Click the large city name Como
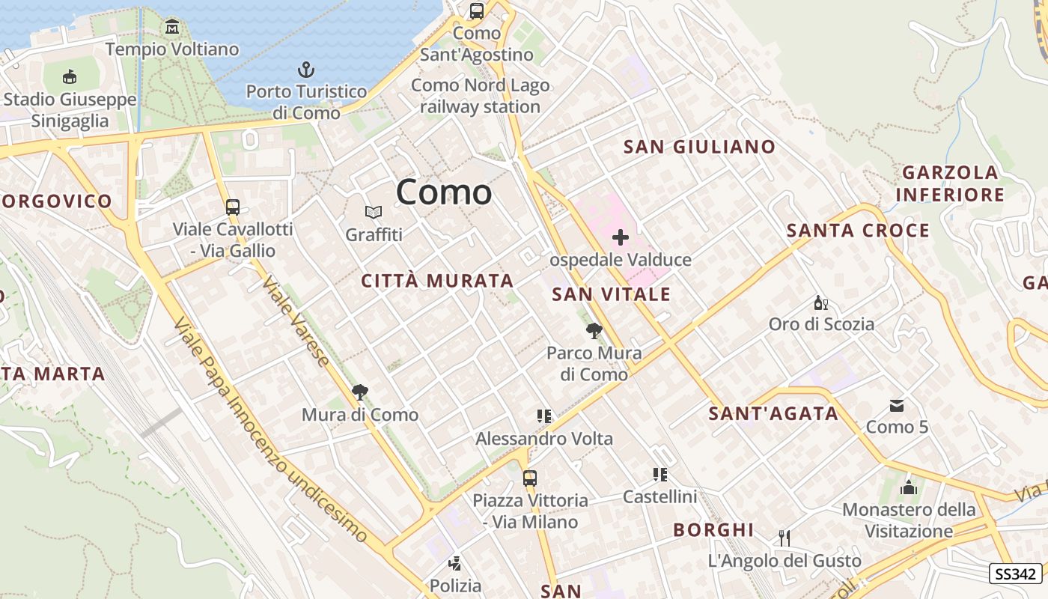click(444, 192)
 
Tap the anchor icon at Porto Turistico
click(305, 70)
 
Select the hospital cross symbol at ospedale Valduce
click(620, 238)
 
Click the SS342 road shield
click(1016, 574)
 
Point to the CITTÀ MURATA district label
click(437, 281)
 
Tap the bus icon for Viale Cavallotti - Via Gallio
click(232, 207)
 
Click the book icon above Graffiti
click(374, 213)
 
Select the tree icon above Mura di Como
click(360, 392)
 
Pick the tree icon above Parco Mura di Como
click(594, 330)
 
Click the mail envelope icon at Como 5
click(896, 406)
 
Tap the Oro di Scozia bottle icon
click(821, 302)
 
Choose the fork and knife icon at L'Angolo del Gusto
click(784, 538)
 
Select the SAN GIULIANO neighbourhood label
click(699, 147)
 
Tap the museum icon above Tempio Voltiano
click(172, 28)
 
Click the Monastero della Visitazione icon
click(909, 487)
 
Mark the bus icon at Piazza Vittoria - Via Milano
click(530, 478)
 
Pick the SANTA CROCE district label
click(858, 231)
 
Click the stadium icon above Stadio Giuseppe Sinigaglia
click(70, 76)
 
